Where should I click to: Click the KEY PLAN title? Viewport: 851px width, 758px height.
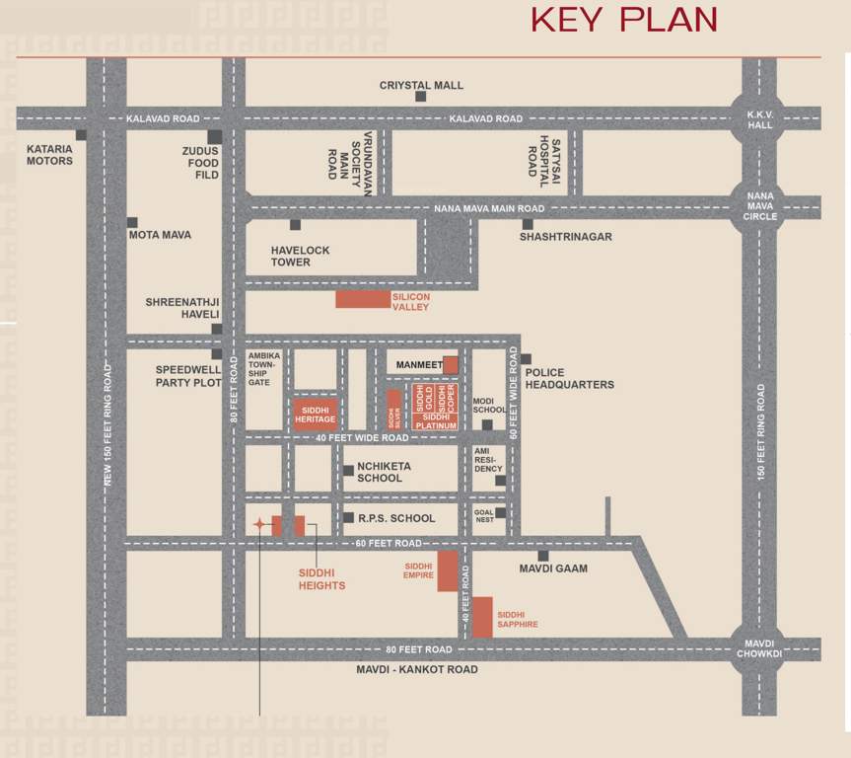tap(623, 20)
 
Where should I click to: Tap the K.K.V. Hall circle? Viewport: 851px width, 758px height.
tap(759, 118)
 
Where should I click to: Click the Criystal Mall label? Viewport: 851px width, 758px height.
tap(421, 86)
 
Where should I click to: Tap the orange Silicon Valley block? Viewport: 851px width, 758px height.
tap(363, 300)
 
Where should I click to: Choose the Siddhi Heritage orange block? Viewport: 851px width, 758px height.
tap(316, 414)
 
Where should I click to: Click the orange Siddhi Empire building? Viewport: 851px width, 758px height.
tap(448, 571)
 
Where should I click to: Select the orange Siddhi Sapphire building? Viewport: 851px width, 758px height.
tap(482, 618)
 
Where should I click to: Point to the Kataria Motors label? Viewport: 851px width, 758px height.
tap(49, 155)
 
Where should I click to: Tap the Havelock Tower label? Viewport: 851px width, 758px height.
tap(301, 257)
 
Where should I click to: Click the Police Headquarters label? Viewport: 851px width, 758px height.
tap(569, 379)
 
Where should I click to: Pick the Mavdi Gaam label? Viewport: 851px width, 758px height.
tap(553, 568)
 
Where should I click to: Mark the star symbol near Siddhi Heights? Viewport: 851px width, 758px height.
tap(258, 525)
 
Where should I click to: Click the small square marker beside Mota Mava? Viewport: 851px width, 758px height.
tap(132, 223)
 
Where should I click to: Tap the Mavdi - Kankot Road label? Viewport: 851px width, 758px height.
tap(417, 669)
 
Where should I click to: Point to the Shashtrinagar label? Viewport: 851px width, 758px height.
tap(566, 237)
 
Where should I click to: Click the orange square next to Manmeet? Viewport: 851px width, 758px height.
tap(450, 365)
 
